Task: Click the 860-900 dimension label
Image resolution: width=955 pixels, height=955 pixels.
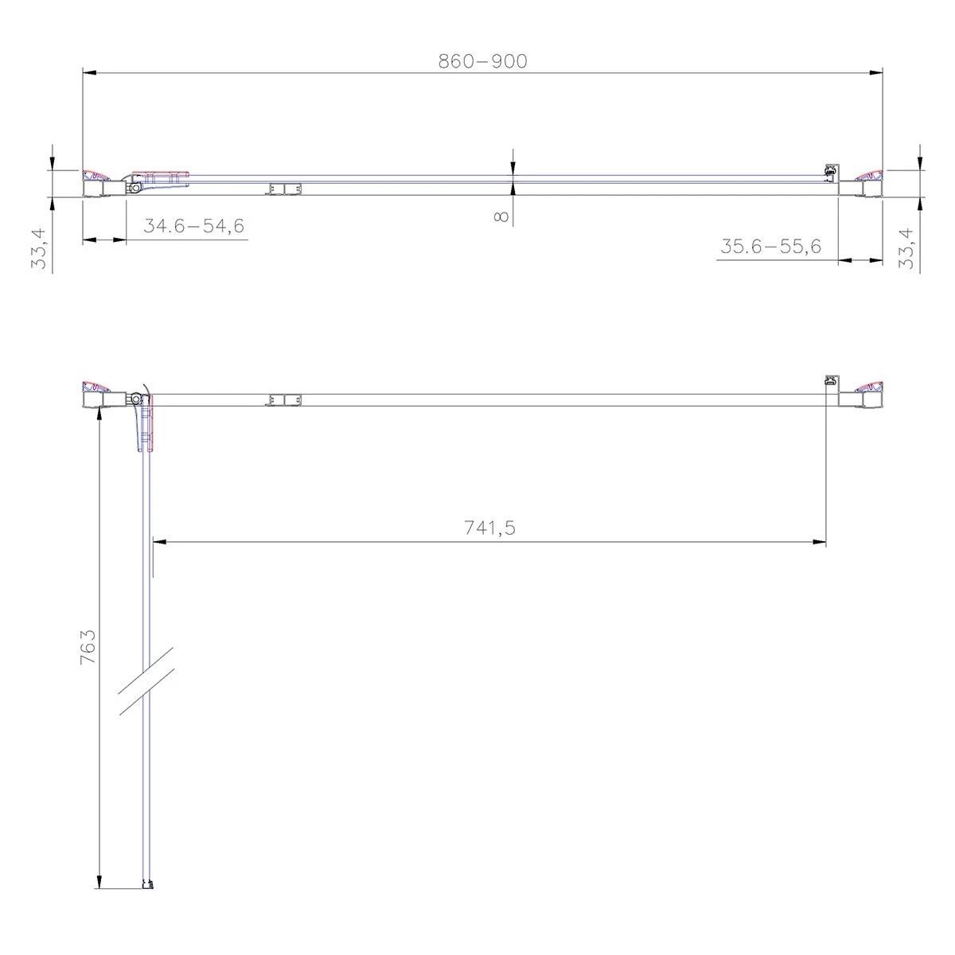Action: pyautogui.click(x=483, y=61)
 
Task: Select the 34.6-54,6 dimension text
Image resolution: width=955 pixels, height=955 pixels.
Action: pyautogui.click(x=193, y=226)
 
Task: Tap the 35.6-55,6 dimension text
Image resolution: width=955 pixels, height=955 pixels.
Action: pyautogui.click(x=770, y=246)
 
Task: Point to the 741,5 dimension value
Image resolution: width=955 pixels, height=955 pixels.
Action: pyautogui.click(x=489, y=528)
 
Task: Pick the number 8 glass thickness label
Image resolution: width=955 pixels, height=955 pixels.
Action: pyautogui.click(x=501, y=216)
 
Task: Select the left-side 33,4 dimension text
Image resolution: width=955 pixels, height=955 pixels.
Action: pyautogui.click(x=39, y=248)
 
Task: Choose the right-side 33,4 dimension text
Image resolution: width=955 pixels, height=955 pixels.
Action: pyautogui.click(x=906, y=248)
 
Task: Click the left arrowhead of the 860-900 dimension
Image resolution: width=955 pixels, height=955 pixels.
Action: pyautogui.click(x=88, y=73)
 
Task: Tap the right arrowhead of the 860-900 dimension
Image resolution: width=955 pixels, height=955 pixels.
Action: pyautogui.click(x=876, y=73)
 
